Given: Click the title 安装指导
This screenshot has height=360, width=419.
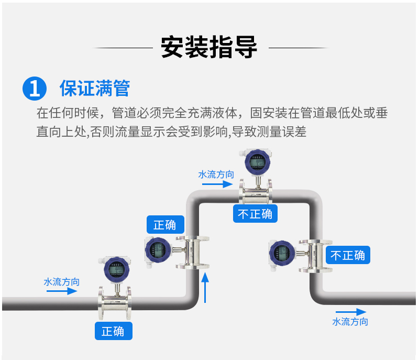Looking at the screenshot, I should click(x=209, y=48).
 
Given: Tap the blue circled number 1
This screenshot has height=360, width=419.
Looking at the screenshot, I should click(x=35, y=88).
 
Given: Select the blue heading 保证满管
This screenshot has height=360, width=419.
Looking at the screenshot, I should click(x=95, y=88).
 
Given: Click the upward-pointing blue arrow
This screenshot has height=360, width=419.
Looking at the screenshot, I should click(x=205, y=286).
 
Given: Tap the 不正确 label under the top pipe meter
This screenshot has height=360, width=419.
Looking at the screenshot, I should click(x=255, y=214).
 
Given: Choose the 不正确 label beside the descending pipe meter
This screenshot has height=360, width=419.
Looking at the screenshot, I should click(x=348, y=255).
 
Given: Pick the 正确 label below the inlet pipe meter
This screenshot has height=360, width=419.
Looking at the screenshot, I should click(x=113, y=331).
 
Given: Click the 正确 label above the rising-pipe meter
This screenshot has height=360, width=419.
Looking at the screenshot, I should click(x=165, y=225).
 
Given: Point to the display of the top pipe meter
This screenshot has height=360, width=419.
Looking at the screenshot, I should click(x=257, y=162).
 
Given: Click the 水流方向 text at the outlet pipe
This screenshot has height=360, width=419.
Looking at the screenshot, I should click(x=350, y=322).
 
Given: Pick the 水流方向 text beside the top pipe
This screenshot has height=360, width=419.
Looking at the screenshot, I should click(x=216, y=174).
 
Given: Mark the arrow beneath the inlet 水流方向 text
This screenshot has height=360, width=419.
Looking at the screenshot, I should click(x=61, y=291).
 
